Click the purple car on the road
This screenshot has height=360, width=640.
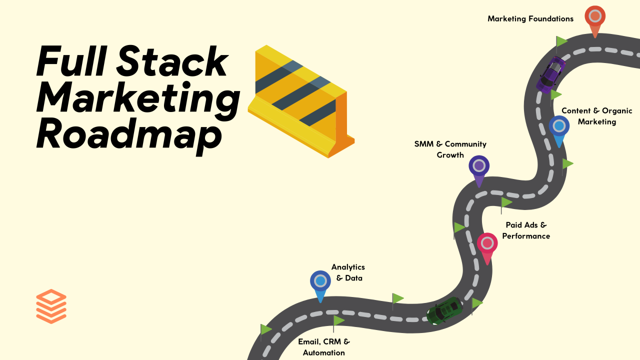[x=550, y=75]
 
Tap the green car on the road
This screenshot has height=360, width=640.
[x=444, y=311]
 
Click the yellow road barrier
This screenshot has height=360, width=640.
[x=301, y=101]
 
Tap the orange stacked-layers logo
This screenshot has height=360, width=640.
[x=51, y=306]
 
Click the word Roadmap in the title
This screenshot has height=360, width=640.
[x=129, y=134]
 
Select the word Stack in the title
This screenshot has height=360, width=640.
[x=172, y=61]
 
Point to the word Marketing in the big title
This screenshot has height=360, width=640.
[x=138, y=98]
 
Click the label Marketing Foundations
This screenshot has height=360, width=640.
[x=530, y=19]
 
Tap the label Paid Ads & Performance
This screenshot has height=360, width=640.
[x=526, y=230]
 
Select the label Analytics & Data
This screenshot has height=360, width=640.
[x=348, y=272]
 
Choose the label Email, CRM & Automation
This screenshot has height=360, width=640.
[x=324, y=347]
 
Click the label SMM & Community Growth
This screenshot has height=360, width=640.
[x=450, y=149]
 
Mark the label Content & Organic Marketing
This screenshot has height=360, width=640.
[x=597, y=116]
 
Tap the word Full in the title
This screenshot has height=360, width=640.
[x=72, y=61]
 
